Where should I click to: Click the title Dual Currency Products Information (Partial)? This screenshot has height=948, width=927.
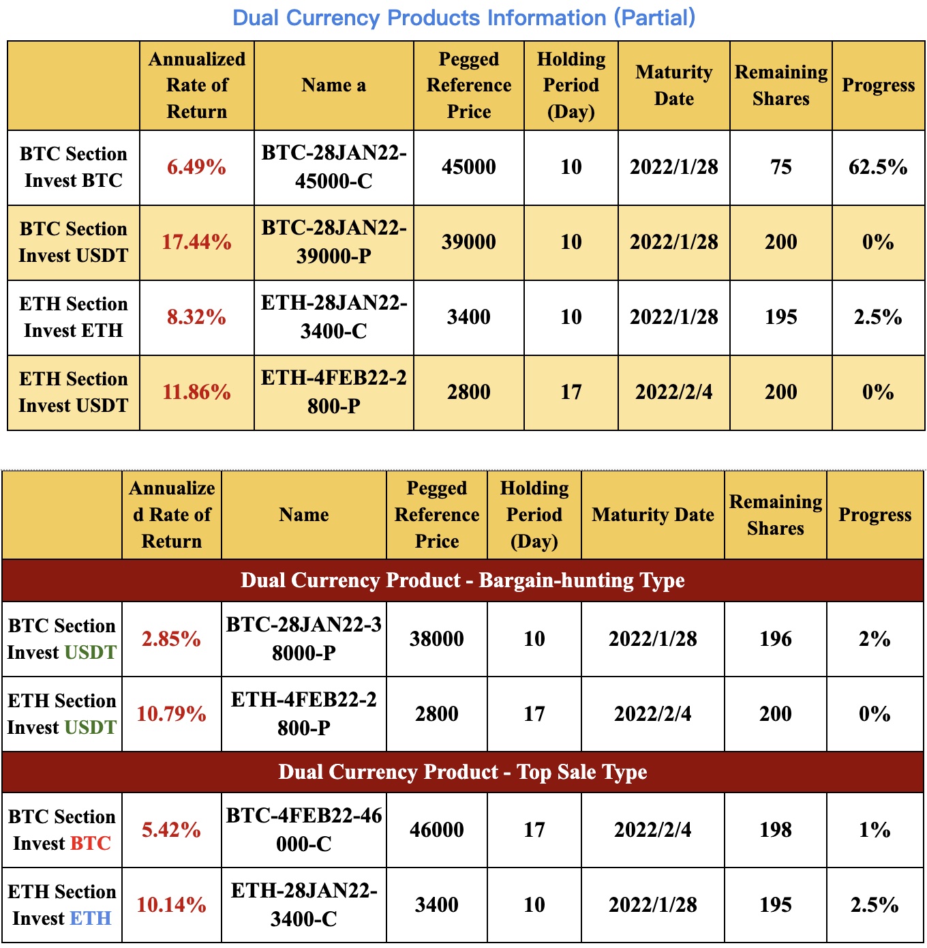click(463, 18)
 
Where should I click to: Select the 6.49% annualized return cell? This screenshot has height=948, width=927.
click(196, 167)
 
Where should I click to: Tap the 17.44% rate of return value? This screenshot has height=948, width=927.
click(196, 242)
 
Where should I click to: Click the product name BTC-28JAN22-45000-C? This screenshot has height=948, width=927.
click(333, 167)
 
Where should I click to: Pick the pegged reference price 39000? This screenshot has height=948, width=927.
click(468, 242)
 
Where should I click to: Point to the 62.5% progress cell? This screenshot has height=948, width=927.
click(878, 167)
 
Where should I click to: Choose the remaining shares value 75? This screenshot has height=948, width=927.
click(780, 167)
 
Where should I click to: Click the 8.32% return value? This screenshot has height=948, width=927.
click(196, 317)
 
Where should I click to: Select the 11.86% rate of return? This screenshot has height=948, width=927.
click(196, 392)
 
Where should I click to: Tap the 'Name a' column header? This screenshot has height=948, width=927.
click(333, 85)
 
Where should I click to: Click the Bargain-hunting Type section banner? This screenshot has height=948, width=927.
click(462, 580)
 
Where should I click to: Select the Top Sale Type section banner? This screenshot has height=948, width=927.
click(462, 772)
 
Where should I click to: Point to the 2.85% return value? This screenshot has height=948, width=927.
click(171, 639)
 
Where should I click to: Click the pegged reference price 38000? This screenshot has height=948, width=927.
click(436, 639)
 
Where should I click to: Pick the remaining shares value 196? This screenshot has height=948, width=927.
click(775, 639)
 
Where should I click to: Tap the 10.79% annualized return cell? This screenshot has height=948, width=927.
click(171, 714)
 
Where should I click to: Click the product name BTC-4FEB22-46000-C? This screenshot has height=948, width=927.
click(303, 830)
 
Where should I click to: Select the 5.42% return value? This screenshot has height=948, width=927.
click(171, 830)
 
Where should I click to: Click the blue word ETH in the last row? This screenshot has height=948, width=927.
click(91, 919)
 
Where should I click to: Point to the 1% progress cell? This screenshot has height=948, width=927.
click(874, 830)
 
